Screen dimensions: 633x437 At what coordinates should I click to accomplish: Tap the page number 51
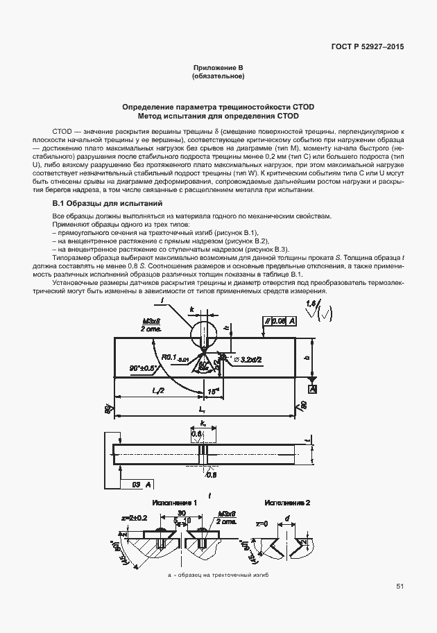coord(400,587)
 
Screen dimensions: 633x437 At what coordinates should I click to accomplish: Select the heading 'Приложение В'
coord(218,68)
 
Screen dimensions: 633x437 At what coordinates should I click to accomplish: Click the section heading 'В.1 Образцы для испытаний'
coord(108,204)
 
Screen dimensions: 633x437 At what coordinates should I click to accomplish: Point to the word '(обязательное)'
coord(218,76)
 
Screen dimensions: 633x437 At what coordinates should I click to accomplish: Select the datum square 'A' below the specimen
coord(313,390)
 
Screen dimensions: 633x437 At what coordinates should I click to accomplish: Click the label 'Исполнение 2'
coord(287,501)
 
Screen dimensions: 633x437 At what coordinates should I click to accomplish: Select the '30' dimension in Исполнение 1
coord(180,513)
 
